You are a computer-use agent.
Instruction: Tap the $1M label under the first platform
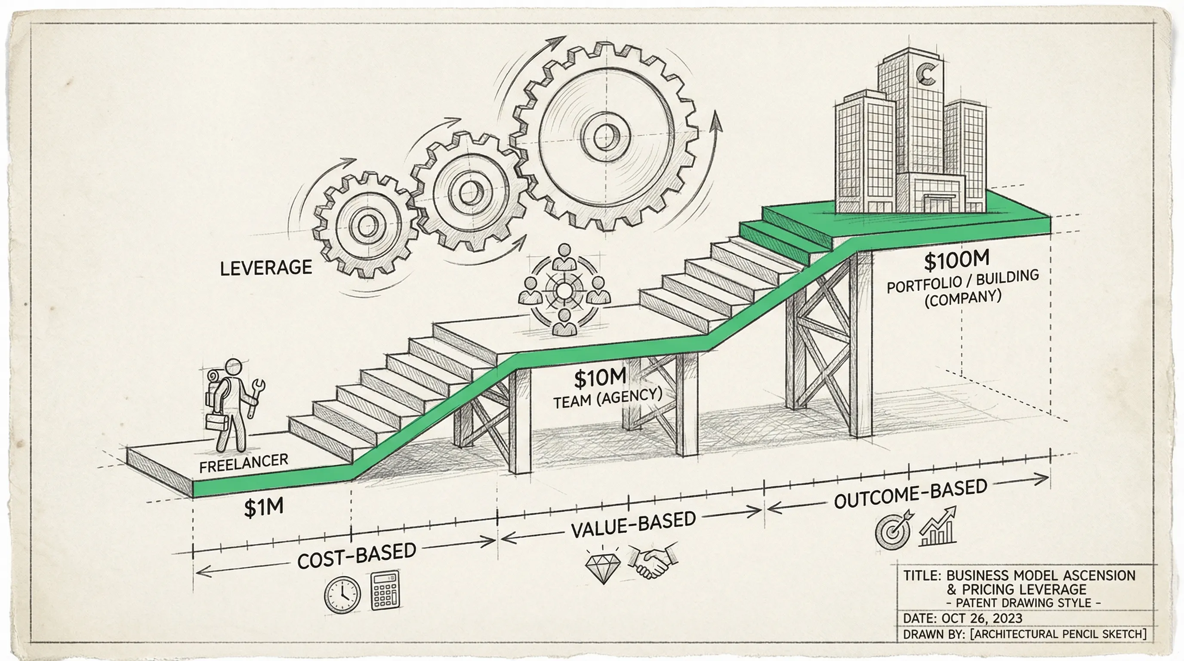coord(263,507)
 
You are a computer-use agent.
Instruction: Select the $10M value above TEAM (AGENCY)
coord(600,378)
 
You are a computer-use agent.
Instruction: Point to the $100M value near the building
coord(956,260)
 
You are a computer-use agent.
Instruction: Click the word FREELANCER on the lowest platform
coord(244,463)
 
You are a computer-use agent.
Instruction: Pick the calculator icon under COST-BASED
coord(385,591)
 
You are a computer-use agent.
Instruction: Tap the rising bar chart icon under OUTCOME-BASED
coord(939,527)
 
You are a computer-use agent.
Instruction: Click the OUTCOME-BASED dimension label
coord(910,494)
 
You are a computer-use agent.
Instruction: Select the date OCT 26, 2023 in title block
coord(981,618)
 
